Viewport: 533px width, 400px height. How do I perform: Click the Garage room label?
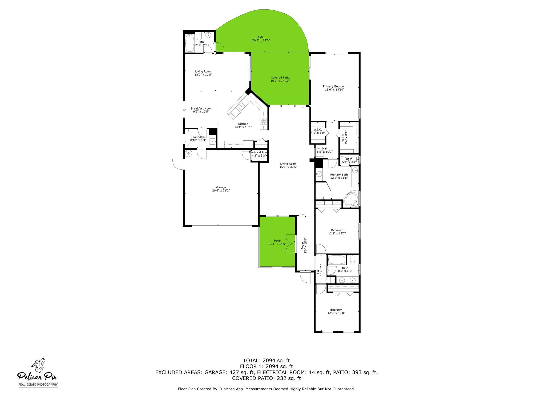pyautogui.click(x=221, y=187)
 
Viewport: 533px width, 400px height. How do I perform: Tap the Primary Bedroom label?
pyautogui.click(x=334, y=86)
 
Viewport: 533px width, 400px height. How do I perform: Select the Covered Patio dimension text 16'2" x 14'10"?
pyautogui.click(x=280, y=81)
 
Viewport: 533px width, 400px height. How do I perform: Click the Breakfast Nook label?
pyautogui.click(x=201, y=109)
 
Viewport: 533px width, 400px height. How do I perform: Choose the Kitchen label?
pyautogui.click(x=243, y=124)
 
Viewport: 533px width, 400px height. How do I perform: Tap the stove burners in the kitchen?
pyautogui.click(x=264, y=122)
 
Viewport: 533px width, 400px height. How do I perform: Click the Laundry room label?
pyautogui.click(x=198, y=137)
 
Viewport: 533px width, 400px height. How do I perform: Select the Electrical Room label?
pyautogui.click(x=259, y=152)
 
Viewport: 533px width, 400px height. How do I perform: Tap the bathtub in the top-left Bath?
pyautogui.click(x=189, y=43)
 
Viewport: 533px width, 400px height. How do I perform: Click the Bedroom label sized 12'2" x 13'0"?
pyautogui.click(x=336, y=310)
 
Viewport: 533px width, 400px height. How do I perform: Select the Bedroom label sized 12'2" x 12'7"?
pyautogui.click(x=337, y=230)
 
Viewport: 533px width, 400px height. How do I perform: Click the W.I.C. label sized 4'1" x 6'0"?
pyautogui.click(x=318, y=130)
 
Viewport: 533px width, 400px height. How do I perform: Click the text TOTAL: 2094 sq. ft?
pyautogui.click(x=266, y=361)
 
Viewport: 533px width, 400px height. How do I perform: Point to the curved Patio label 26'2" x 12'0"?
pyautogui.click(x=261, y=37)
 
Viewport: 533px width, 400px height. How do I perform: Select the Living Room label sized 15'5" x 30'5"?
pyautogui.click(x=288, y=164)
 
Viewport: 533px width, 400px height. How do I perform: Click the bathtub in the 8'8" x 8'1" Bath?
pyautogui.click(x=336, y=259)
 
